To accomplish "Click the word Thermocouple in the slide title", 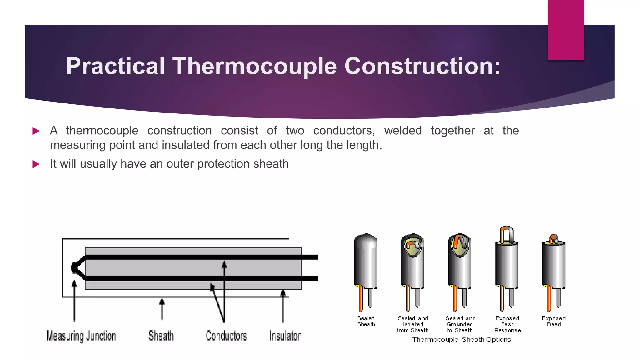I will (x=255, y=66).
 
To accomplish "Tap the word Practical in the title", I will (x=115, y=66).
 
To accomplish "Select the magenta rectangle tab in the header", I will (x=566, y=30).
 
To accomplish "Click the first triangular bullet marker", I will (x=36, y=131).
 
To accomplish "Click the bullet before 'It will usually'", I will (x=36, y=164).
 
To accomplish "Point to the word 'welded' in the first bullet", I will (x=403, y=131).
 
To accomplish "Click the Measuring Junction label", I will (x=81, y=336).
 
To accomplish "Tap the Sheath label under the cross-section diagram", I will (x=161, y=336).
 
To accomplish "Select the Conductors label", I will (x=226, y=336).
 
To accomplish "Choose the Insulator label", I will (x=285, y=336).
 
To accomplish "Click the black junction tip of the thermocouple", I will (x=75, y=268).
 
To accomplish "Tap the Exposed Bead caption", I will (x=553, y=321).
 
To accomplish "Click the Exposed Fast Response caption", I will (x=507, y=324).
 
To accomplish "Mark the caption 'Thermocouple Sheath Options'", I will (x=461, y=340).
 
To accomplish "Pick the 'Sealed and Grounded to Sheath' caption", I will (x=460, y=324).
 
